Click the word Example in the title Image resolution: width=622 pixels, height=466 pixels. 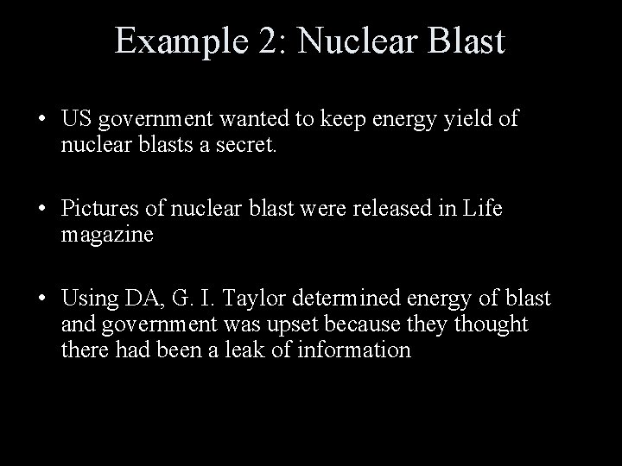tap(181, 42)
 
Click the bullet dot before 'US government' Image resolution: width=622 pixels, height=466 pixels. tap(42, 119)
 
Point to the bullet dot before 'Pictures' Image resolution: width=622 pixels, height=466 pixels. tap(42, 209)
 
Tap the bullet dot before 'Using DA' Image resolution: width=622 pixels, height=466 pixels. tap(42, 299)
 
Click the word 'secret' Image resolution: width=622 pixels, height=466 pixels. tap(244, 144)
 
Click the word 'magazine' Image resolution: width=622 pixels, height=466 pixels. tap(107, 235)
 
